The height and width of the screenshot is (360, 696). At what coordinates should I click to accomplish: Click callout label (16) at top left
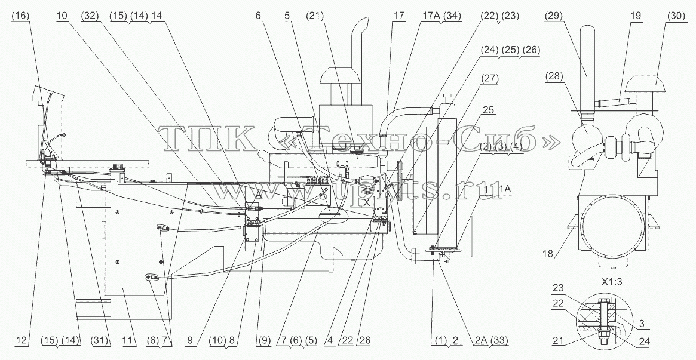20,16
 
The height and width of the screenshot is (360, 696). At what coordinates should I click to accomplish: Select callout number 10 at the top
62,16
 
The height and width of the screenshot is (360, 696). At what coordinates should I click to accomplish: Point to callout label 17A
428,16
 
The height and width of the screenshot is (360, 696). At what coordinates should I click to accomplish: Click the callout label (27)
489,79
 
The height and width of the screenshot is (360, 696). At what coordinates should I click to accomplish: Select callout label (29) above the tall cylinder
553,16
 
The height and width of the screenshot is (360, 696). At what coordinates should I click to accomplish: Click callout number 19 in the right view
635,16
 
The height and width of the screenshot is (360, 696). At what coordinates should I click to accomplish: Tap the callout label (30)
675,16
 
